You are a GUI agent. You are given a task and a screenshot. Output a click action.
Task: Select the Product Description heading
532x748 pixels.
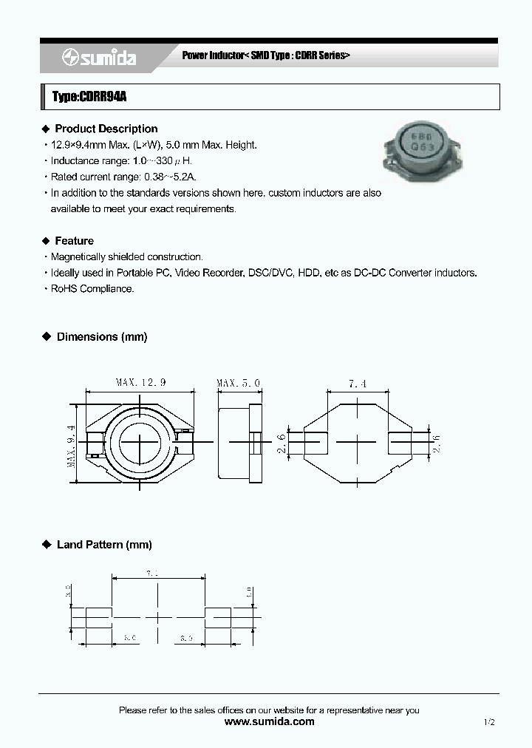point(106,129)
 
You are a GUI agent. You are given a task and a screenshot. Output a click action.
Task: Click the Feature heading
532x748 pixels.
point(74,241)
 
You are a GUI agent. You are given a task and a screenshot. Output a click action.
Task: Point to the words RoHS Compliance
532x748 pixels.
point(92,289)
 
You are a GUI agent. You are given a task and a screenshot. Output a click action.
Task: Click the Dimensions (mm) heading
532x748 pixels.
point(101,337)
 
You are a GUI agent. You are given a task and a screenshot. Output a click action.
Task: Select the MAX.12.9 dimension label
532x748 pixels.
point(140,382)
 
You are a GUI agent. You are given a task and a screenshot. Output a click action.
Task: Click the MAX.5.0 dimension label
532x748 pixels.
point(238,382)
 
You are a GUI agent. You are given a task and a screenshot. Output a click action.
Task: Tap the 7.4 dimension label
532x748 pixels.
point(358,383)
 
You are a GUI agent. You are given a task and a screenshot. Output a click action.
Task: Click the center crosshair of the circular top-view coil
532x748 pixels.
point(140,441)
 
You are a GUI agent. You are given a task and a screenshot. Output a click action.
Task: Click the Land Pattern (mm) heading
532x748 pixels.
point(103,545)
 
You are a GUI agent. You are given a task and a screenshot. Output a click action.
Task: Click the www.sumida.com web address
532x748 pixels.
point(269,721)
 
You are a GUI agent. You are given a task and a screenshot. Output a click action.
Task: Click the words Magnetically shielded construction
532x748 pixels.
point(126,257)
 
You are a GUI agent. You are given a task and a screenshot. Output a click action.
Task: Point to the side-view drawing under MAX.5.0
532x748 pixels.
point(239,442)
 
